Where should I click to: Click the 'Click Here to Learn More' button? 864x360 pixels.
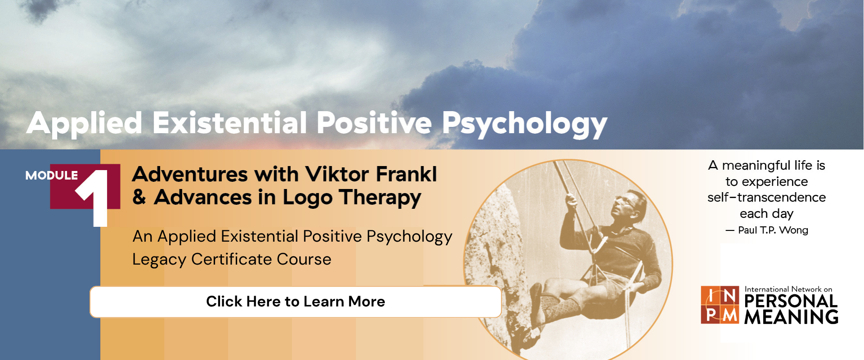click(296, 301)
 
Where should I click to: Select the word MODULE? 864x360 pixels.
click(51, 175)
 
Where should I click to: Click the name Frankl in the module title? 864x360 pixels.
click(406, 174)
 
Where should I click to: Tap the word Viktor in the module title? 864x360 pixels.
click(337, 174)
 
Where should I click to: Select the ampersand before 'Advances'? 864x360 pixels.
click(139, 197)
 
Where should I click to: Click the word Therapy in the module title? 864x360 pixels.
click(380, 198)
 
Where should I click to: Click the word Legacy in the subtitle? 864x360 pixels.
click(159, 260)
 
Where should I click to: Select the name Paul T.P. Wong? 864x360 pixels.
click(773, 230)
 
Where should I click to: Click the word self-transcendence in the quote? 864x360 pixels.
click(766, 198)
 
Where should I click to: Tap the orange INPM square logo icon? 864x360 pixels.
click(720, 305)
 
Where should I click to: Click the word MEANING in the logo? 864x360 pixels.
click(791, 317)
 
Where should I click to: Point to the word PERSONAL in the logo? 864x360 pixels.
click(791, 301)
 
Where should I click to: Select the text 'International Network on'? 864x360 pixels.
click(788, 289)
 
